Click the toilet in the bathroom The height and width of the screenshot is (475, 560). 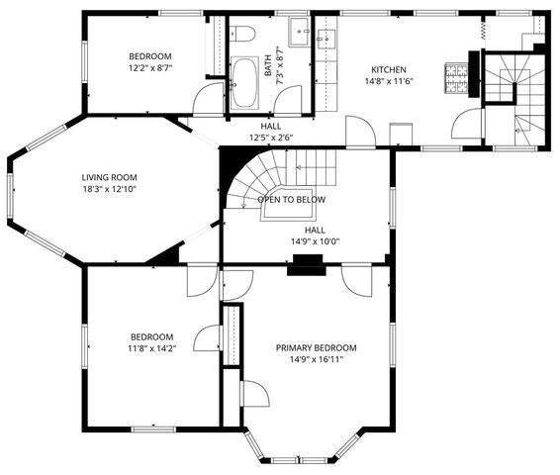click(x=244, y=35)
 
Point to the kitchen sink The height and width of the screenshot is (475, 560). click(x=328, y=40)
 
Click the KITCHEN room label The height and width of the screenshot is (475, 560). click(x=389, y=69)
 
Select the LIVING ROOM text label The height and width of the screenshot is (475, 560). click(x=109, y=177)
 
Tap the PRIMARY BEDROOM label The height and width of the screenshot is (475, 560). click(x=316, y=347)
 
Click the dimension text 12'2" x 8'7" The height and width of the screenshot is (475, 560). click(x=150, y=69)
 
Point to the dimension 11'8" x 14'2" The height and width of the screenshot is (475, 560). click(x=150, y=348)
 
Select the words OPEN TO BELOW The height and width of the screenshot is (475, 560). click(x=292, y=199)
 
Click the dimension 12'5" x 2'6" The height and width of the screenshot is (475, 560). click(x=270, y=139)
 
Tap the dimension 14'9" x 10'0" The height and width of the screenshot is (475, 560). click(x=315, y=241)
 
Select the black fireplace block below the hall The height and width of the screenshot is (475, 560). click(x=306, y=264)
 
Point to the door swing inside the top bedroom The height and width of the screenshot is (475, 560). click(x=209, y=98)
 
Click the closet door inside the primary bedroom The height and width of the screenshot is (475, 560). click(x=254, y=393)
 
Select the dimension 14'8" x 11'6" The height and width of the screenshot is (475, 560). click(x=389, y=82)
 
